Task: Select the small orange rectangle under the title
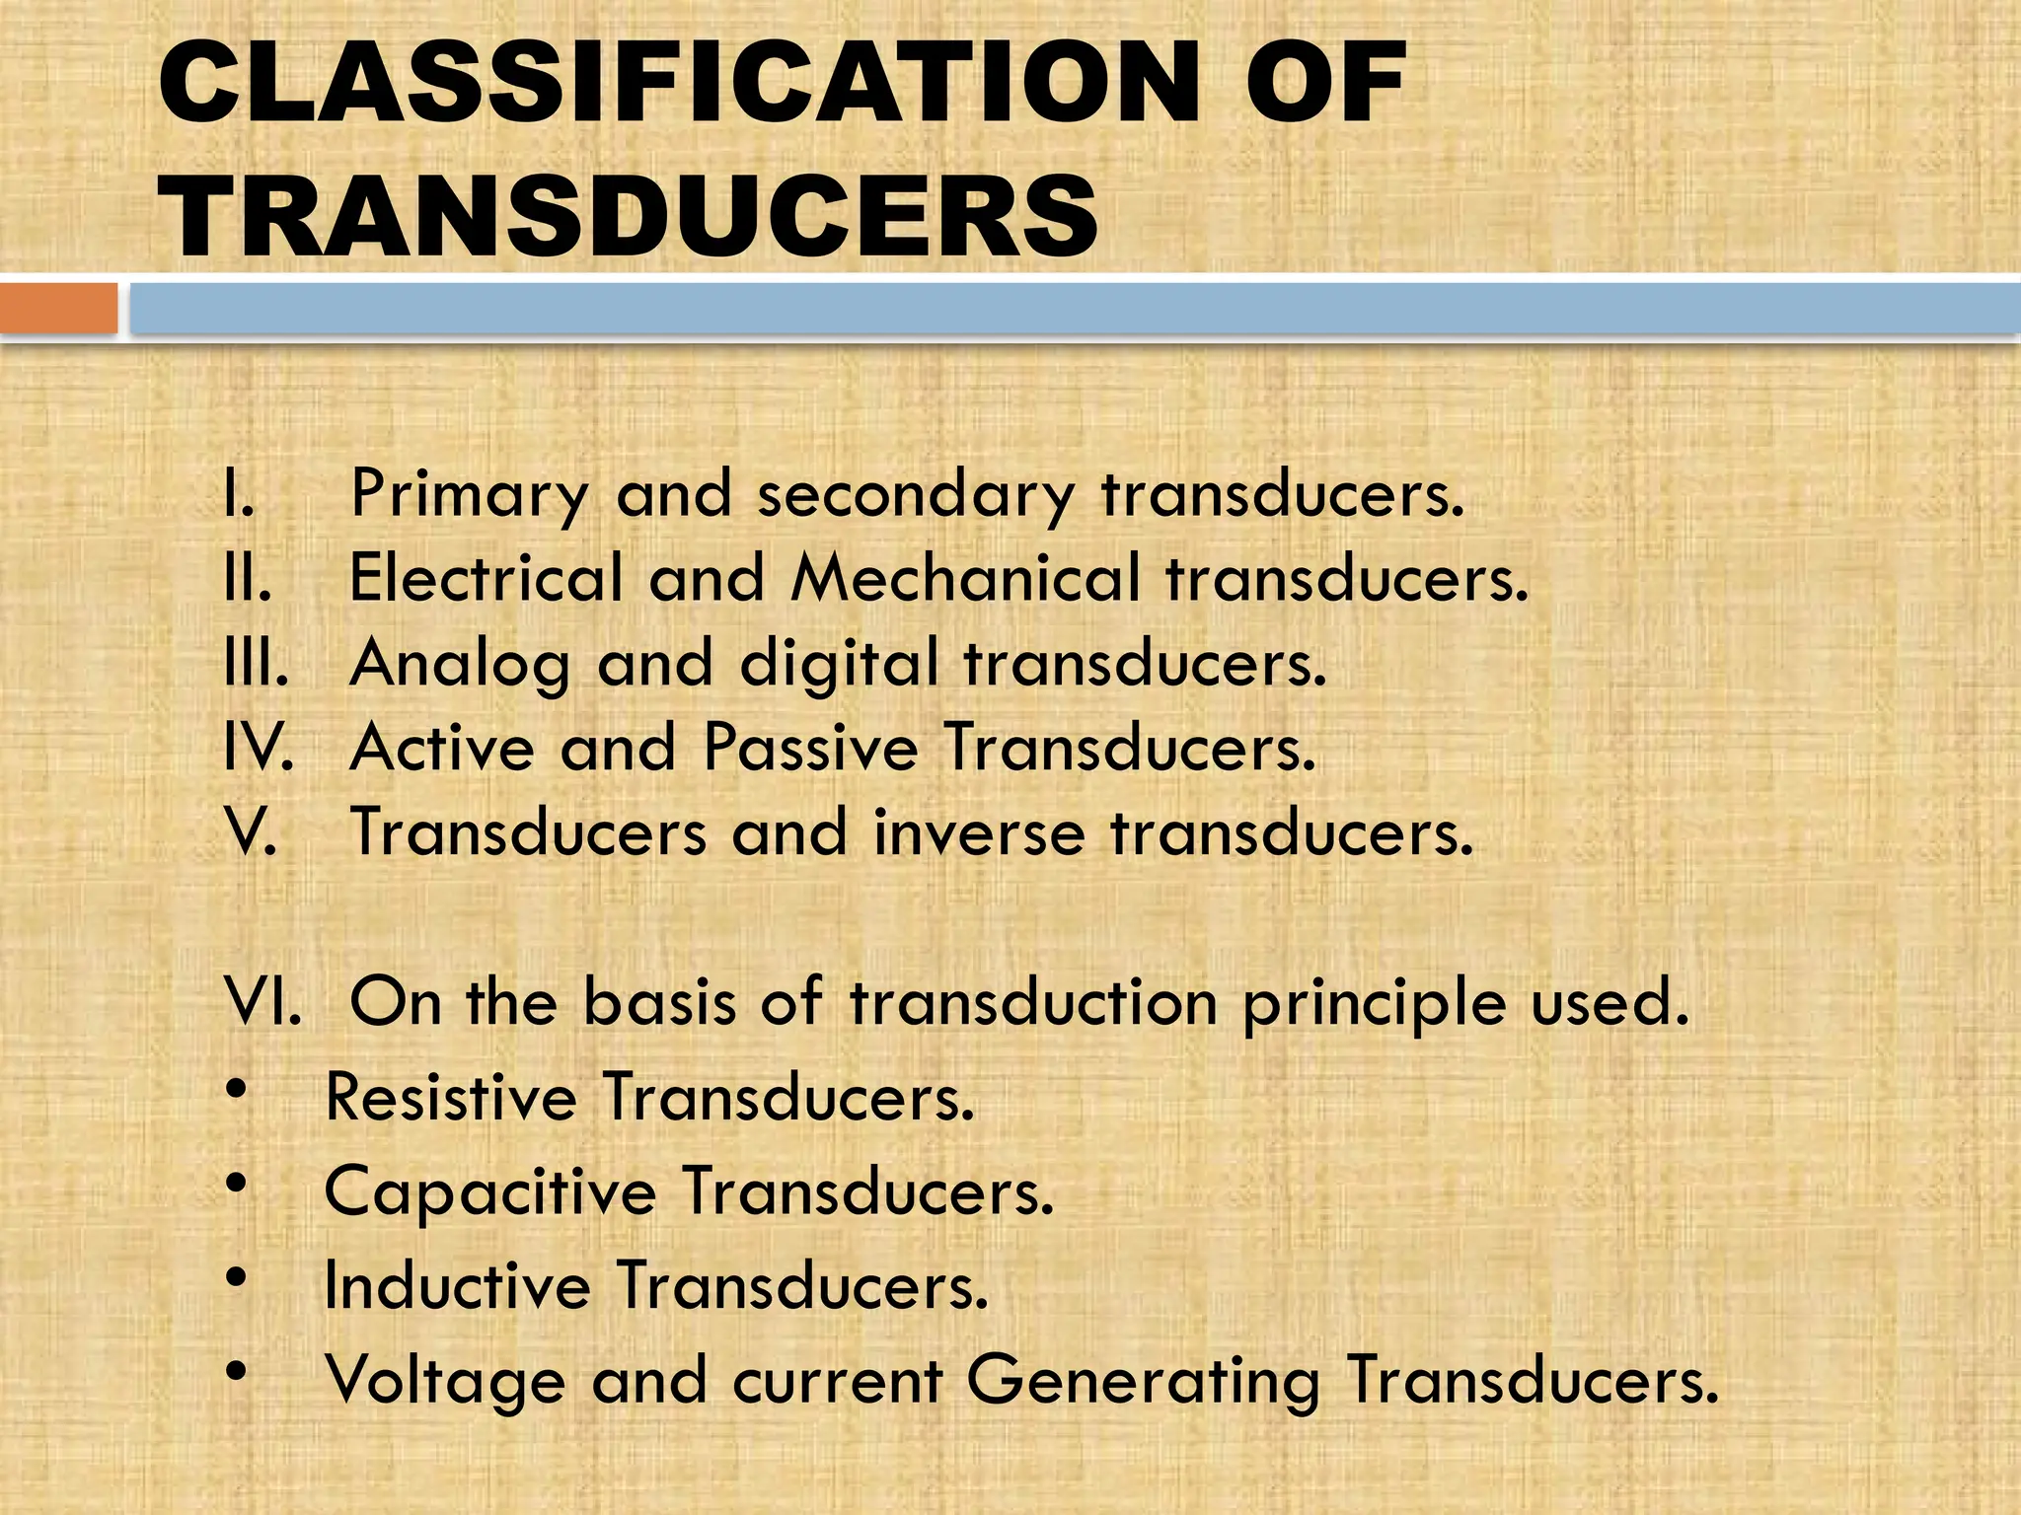coord(58,308)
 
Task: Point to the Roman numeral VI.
coord(262,1002)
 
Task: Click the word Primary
coord(470,495)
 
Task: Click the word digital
coord(839,663)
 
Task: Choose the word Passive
coord(810,747)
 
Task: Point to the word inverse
coord(979,832)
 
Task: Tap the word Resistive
coord(451,1097)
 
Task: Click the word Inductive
coord(457,1286)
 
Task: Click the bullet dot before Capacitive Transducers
coord(236,1183)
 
